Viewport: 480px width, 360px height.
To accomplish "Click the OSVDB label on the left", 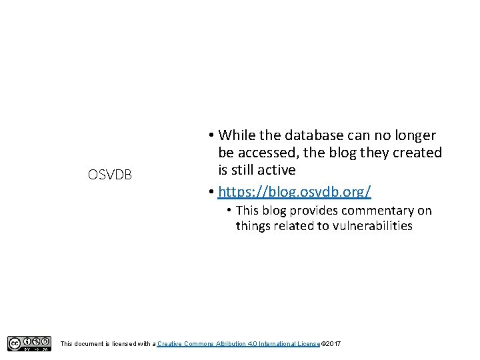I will click(110, 175).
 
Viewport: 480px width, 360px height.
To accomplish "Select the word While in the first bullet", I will click(237, 135).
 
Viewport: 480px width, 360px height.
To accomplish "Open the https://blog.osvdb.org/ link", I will click(295, 192).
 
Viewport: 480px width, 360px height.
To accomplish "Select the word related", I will click(292, 226).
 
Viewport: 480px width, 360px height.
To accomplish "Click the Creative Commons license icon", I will click(29, 343).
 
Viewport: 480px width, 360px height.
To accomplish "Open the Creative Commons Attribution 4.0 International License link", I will click(239, 343).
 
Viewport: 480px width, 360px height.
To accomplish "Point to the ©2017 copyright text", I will click(331, 343).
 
